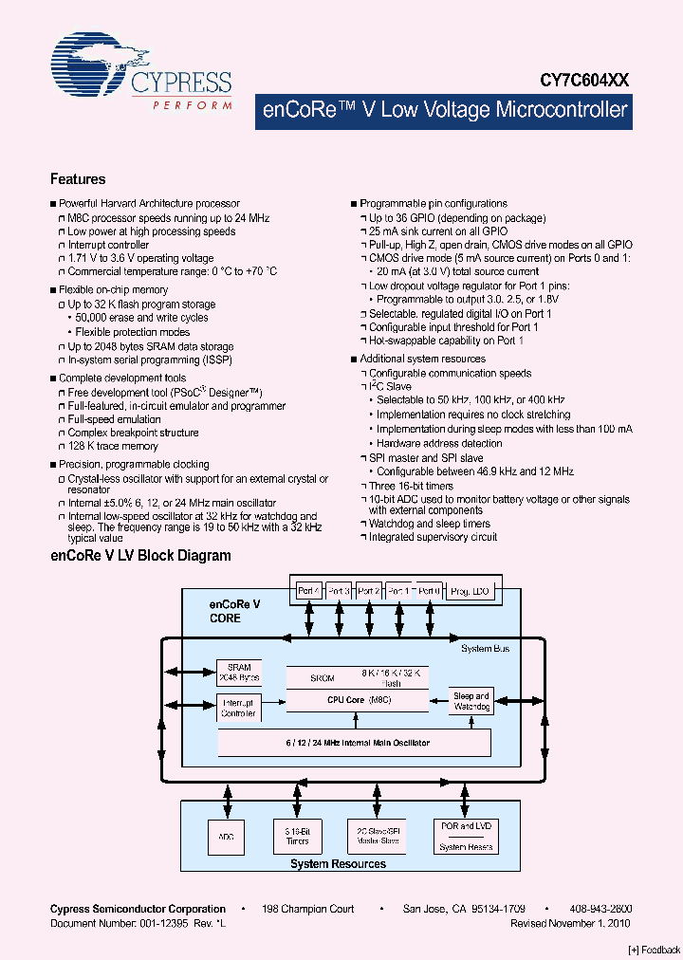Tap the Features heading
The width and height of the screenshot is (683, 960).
pos(78,179)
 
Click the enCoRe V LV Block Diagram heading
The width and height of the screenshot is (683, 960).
pos(140,556)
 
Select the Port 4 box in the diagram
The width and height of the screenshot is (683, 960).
pos(308,590)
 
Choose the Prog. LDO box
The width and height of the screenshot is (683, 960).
pos(470,590)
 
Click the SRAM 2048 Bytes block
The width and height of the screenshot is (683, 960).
pos(238,672)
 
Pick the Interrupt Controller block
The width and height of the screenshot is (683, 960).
pos(238,708)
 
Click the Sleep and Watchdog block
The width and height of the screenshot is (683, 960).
pos(471,701)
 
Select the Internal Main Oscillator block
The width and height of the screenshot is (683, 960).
pos(354,743)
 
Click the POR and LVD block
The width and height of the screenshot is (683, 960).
pos(465,826)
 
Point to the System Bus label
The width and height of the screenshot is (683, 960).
pos(485,649)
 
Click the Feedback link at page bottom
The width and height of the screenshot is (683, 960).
pos(654,949)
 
